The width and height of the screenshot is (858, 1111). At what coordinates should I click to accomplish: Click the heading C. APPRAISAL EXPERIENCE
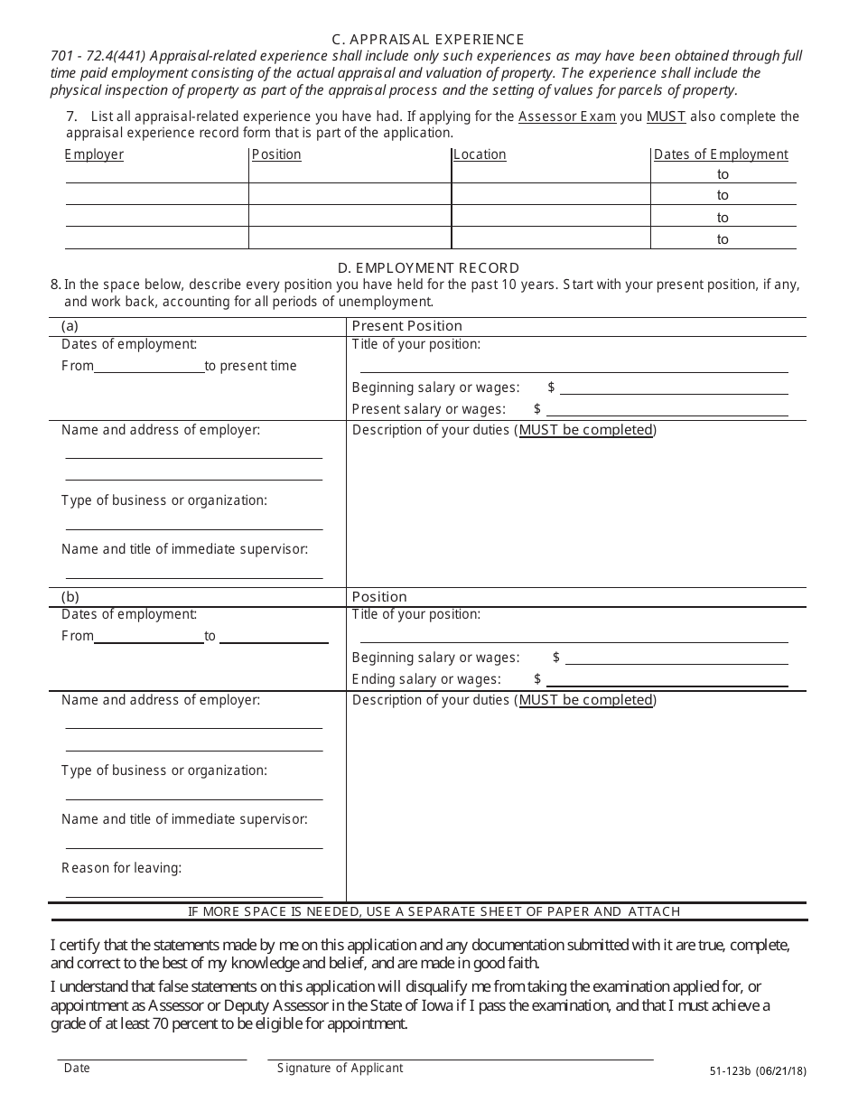(428, 39)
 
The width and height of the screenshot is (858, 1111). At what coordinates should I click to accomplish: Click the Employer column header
(94, 154)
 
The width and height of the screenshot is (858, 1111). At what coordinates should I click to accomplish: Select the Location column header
(480, 154)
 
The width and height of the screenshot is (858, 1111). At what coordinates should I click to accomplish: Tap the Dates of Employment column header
(721, 154)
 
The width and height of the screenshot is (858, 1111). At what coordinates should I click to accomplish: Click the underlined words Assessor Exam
(567, 117)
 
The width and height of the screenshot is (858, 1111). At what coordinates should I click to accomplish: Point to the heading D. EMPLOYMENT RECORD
(428, 267)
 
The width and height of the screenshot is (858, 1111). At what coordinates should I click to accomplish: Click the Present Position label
(406, 326)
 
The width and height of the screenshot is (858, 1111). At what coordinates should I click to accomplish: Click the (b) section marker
(70, 597)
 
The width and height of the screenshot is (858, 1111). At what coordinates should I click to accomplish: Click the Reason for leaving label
(121, 868)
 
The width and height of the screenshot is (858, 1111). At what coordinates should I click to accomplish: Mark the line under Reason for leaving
(194, 895)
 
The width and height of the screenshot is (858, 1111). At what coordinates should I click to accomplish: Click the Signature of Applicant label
(340, 1068)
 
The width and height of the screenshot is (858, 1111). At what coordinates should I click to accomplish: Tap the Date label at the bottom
(77, 1068)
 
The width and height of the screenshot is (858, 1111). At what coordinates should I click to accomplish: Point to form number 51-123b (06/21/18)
(758, 1071)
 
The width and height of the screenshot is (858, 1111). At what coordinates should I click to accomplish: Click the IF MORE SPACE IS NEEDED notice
(434, 911)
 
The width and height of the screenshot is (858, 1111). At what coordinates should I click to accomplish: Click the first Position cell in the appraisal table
(350, 174)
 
